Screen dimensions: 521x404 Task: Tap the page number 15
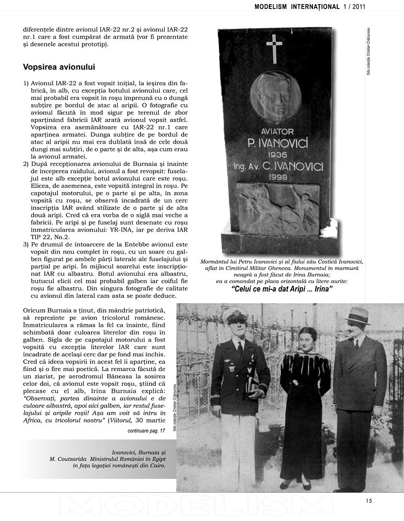point(369,500)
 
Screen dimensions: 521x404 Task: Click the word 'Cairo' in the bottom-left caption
point(157,466)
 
